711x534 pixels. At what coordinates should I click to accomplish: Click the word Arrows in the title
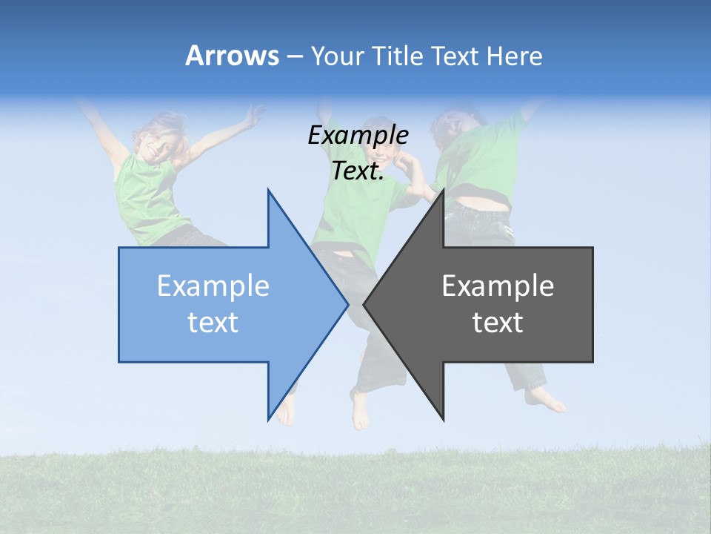click(x=232, y=56)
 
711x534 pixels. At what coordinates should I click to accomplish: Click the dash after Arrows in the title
click(x=294, y=57)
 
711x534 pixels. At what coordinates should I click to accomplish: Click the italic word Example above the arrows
click(x=358, y=135)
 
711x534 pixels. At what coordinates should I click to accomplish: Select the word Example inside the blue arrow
click(x=213, y=286)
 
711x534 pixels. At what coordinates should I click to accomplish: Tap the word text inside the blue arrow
click(x=213, y=322)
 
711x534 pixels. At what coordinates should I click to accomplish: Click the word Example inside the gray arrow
click(x=498, y=286)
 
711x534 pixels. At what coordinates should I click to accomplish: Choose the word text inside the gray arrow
click(x=498, y=322)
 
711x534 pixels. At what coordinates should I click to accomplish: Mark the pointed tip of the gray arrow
click(x=364, y=304)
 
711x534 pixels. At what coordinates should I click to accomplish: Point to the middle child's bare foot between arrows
click(x=360, y=412)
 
